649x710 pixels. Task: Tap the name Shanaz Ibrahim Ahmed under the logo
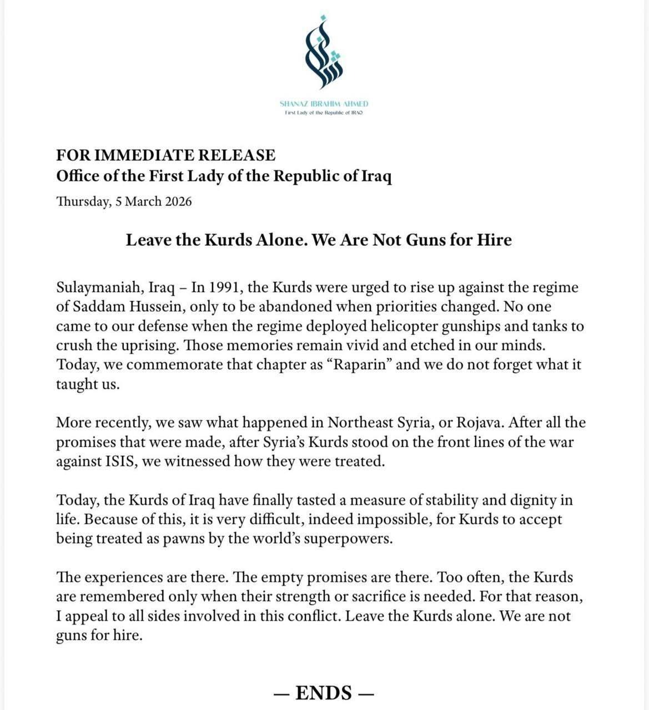coord(324,104)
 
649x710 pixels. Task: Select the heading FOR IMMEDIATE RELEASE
coord(166,155)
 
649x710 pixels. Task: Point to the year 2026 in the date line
coord(178,201)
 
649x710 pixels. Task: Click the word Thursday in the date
coord(83,201)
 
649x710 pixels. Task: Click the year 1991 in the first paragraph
coord(224,288)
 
